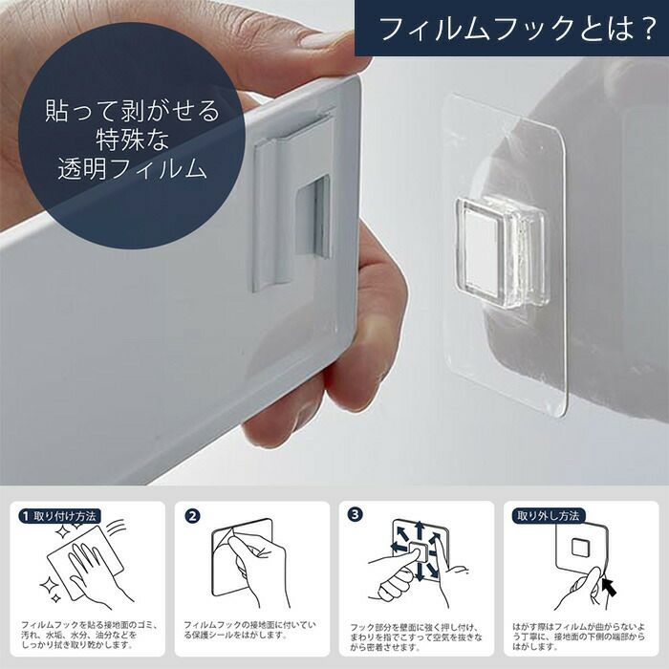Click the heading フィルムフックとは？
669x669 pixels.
[517, 28]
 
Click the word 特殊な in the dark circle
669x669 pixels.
[132, 139]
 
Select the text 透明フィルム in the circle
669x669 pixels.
[132, 168]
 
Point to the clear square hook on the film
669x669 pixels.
[501, 250]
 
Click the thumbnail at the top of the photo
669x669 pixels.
[321, 39]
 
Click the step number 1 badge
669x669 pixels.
[25, 516]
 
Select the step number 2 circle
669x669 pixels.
[193, 516]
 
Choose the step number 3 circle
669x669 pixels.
[355, 514]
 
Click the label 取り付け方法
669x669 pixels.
[65, 516]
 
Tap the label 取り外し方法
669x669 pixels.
[549, 516]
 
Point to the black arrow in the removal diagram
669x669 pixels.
[610, 587]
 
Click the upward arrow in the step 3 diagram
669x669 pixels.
[419, 531]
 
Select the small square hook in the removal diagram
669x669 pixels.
[580, 548]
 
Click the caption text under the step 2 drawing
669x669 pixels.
[250, 630]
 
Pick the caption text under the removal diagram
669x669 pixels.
[578, 637]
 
